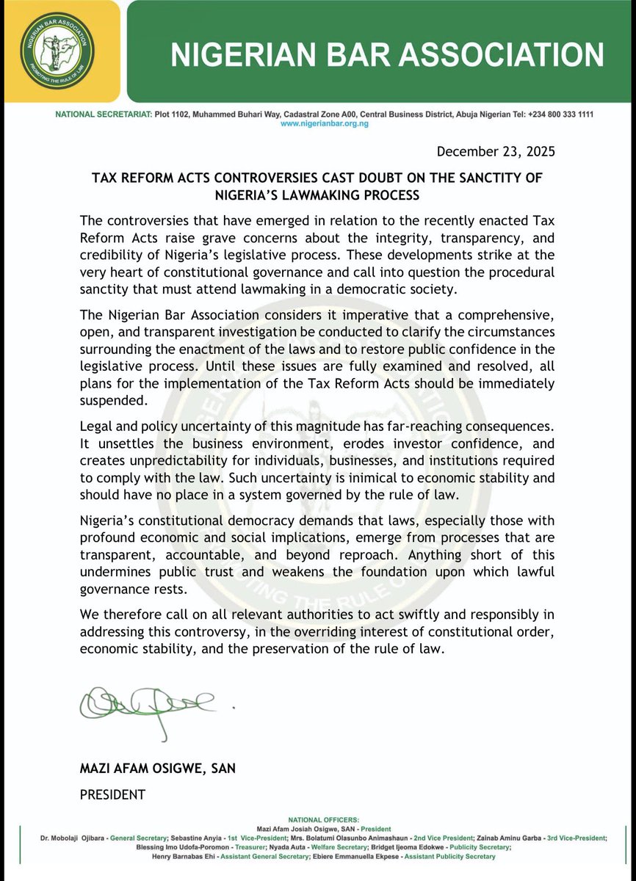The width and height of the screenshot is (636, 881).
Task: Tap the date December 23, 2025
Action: click(x=496, y=152)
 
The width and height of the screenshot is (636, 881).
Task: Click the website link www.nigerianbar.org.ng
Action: click(x=324, y=125)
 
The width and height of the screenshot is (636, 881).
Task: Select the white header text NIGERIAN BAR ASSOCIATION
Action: click(x=388, y=54)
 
